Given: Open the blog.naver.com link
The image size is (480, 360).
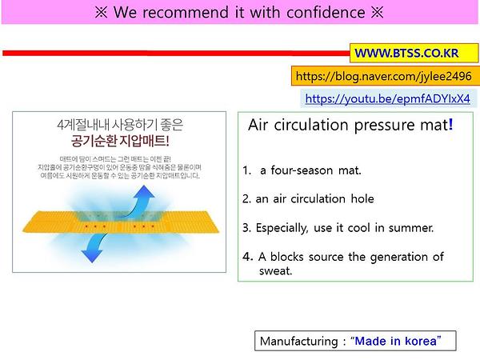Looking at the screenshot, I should (383, 77).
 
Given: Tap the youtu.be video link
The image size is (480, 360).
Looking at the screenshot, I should (387, 100).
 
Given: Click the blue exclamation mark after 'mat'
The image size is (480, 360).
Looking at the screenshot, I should (450, 126).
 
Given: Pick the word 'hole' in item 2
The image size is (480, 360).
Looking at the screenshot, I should (358, 198).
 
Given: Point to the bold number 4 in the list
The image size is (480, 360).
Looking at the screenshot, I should (246, 257).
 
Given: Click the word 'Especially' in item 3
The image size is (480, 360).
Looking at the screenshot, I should (282, 227).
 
